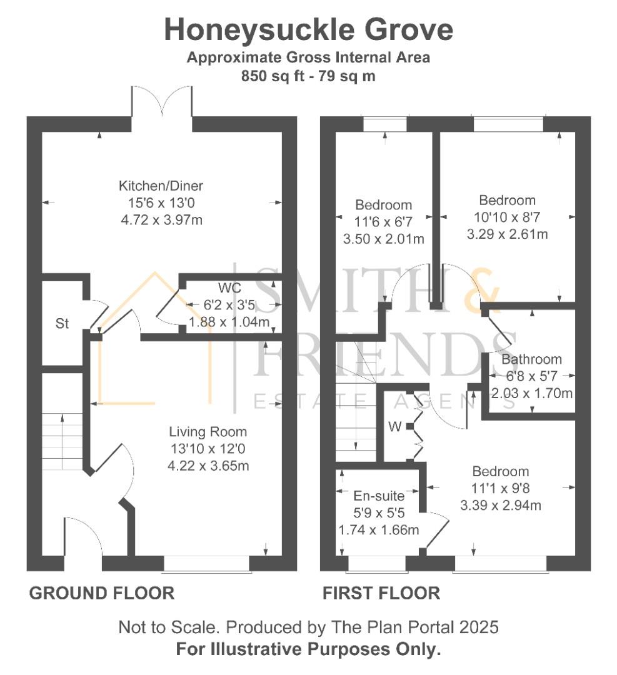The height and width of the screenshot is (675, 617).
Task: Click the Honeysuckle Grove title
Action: (x=308, y=30)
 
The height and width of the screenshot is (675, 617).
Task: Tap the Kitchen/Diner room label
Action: (x=161, y=186)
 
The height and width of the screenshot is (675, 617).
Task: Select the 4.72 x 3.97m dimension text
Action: (x=161, y=220)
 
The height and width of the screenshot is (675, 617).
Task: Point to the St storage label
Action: (x=62, y=324)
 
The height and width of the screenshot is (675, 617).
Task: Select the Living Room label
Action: (x=208, y=432)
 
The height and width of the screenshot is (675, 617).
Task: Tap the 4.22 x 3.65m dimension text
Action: (x=208, y=466)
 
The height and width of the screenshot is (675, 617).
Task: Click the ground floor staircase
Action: (x=63, y=441)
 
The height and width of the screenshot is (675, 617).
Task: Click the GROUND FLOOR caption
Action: (x=102, y=592)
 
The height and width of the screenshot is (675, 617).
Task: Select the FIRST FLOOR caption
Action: (x=381, y=592)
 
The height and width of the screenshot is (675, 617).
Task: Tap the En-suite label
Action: (x=379, y=497)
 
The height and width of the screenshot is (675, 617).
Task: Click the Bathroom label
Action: (x=531, y=359)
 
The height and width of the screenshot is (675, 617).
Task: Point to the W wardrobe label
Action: (x=394, y=427)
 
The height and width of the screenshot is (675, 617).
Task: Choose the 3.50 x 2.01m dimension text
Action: (x=384, y=239)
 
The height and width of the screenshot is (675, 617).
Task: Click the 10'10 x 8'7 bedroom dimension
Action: (x=507, y=217)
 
